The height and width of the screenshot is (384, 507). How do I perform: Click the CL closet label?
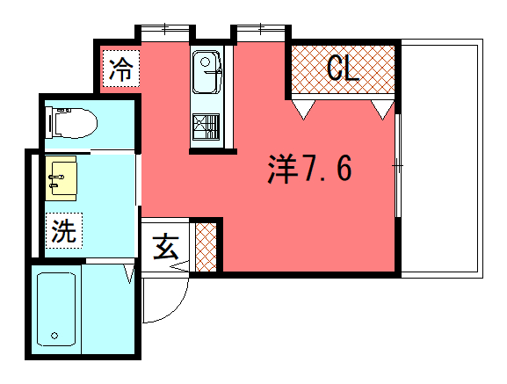click(x=343, y=69)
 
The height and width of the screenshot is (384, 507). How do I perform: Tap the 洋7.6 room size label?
click(x=310, y=169)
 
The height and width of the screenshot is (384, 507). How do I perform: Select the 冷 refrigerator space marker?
click(x=121, y=69)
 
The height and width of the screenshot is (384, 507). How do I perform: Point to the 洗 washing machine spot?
click(x=64, y=230)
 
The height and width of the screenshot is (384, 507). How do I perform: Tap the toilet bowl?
click(x=72, y=124)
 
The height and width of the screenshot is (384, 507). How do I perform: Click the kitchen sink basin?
click(x=207, y=72)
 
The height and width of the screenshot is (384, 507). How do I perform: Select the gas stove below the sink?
click(x=206, y=127)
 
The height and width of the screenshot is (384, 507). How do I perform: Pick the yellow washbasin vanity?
click(x=61, y=178)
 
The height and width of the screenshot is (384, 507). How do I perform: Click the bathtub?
click(x=56, y=309)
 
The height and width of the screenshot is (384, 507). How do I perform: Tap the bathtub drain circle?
click(x=54, y=336)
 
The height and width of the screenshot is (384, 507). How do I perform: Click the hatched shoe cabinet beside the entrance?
click(x=206, y=247)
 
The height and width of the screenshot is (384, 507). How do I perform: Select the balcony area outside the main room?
click(x=442, y=158)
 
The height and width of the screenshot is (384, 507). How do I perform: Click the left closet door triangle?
click(x=303, y=110)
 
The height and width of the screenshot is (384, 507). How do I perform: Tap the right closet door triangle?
click(x=382, y=110)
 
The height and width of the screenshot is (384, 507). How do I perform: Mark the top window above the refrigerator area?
click(x=165, y=33)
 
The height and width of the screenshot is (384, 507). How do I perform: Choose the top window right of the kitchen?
click(x=261, y=33)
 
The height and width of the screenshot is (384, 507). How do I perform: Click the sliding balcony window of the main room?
click(x=398, y=165)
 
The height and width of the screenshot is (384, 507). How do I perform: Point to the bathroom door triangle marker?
click(x=129, y=273)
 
